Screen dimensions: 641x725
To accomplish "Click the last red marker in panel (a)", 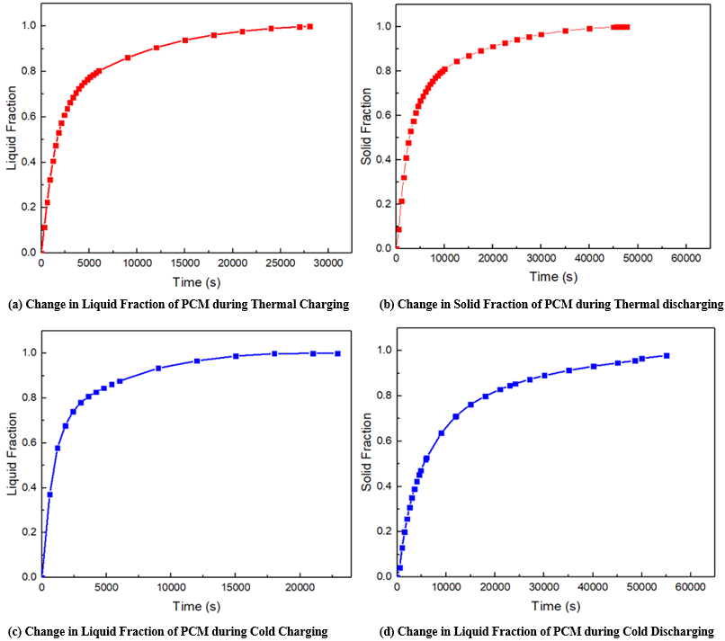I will [x=309, y=26].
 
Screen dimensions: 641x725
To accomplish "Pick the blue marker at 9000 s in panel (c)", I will [x=158, y=369].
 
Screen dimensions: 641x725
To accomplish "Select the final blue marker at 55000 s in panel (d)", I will [x=667, y=355].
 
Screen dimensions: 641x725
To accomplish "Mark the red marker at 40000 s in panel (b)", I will [x=589, y=29].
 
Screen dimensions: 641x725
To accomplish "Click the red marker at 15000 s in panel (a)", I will [x=184, y=40].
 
